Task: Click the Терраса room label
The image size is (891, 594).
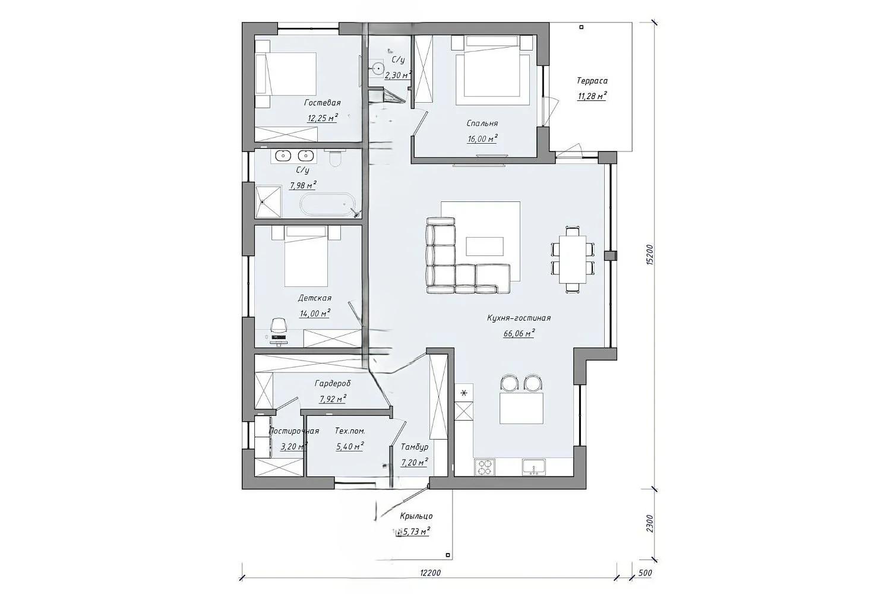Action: (x=592, y=81)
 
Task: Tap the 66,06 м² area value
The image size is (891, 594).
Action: (x=519, y=333)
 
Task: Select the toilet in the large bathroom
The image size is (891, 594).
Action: (x=336, y=159)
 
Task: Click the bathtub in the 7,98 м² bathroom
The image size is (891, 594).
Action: (x=326, y=204)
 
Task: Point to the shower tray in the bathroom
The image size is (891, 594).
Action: (x=268, y=202)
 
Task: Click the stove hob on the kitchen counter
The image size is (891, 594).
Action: (x=485, y=467)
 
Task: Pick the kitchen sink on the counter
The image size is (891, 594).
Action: (x=534, y=467)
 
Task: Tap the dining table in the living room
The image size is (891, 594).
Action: (x=573, y=259)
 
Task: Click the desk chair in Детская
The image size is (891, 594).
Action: (x=279, y=326)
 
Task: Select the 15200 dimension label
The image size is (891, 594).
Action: (x=649, y=255)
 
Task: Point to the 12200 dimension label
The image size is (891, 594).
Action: (x=431, y=573)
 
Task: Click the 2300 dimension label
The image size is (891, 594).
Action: (x=649, y=523)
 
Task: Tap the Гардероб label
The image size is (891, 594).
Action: (x=333, y=384)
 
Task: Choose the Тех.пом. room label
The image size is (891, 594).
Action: (x=350, y=431)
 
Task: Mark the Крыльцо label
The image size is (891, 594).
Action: (x=416, y=516)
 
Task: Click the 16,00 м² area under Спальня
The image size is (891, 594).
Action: (x=482, y=138)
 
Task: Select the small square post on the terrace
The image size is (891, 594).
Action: (x=582, y=27)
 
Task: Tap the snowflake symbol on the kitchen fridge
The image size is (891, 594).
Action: (x=464, y=393)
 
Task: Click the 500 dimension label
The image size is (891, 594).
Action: (x=645, y=573)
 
